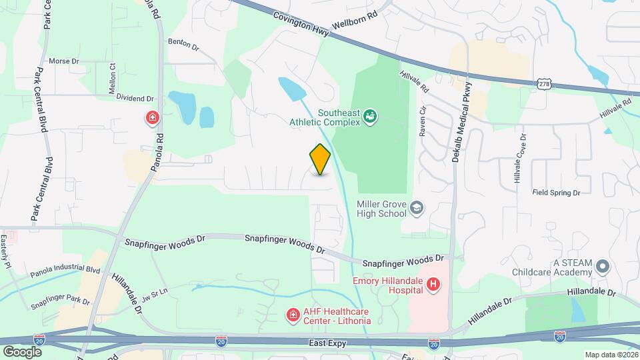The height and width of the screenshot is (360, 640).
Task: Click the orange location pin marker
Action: point(320,159)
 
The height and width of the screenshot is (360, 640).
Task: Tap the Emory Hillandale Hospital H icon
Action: point(433,285)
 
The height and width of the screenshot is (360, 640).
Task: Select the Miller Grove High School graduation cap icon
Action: point(417,208)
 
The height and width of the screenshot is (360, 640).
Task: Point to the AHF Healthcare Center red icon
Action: point(292,314)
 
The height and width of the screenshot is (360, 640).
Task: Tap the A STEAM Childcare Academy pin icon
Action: point(603,267)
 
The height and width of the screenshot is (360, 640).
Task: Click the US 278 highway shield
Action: point(543,83)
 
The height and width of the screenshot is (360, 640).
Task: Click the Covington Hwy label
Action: point(301,21)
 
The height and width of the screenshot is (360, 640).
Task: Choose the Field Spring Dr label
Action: point(556,193)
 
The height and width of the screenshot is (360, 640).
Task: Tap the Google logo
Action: point(22,351)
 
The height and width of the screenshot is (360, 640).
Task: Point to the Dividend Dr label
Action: point(135,98)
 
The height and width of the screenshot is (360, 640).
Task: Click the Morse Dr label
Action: point(64,61)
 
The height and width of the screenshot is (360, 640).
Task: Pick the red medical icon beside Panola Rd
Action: point(153,119)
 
